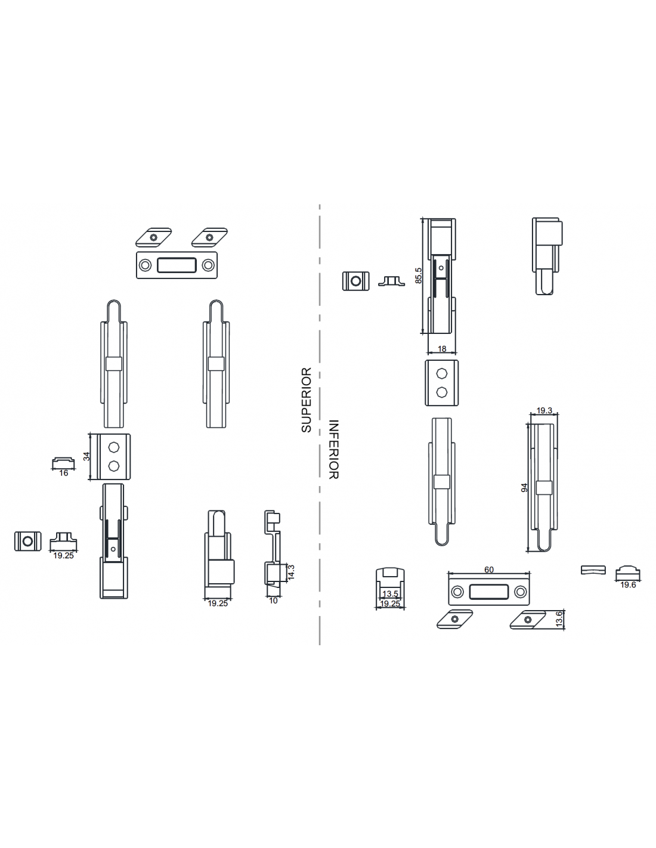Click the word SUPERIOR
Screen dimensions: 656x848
pyautogui.click(x=307, y=400)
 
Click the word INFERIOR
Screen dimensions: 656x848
pyautogui.click(x=333, y=449)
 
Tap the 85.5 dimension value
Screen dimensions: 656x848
pyautogui.click(x=419, y=276)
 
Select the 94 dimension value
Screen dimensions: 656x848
pyautogui.click(x=524, y=487)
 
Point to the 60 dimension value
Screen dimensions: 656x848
pyautogui.click(x=489, y=570)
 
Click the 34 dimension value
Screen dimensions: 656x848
pyautogui.click(x=86, y=456)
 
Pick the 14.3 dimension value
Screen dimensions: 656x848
pyautogui.click(x=291, y=572)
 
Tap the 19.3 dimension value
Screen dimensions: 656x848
pyautogui.click(x=544, y=410)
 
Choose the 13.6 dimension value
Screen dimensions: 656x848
pyautogui.click(x=559, y=620)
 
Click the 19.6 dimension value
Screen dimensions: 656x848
pyautogui.click(x=628, y=584)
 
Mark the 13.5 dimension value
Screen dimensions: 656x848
pyautogui.click(x=390, y=594)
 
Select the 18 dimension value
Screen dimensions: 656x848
pyautogui.click(x=442, y=348)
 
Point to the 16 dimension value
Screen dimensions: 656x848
pyautogui.click(x=64, y=473)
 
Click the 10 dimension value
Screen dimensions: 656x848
pyautogui.click(x=273, y=601)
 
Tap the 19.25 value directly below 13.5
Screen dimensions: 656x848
pyautogui.click(x=390, y=603)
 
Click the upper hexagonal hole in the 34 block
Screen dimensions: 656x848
pyautogui.click(x=113, y=447)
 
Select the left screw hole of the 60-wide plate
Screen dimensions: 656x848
pyautogui.click(x=457, y=592)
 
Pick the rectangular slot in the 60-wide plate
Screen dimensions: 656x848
pyautogui.click(x=488, y=592)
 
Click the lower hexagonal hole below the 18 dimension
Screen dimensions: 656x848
pyautogui.click(x=441, y=392)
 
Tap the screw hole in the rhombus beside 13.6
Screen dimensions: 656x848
pyautogui.click(x=528, y=620)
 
